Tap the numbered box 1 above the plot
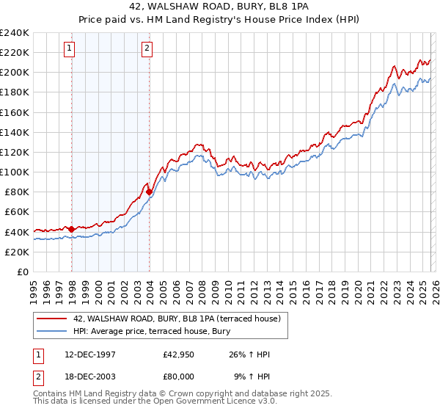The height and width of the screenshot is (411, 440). tap(69, 49)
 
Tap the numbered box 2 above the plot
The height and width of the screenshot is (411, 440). tap(147, 49)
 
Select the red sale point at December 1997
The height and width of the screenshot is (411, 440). tap(72, 229)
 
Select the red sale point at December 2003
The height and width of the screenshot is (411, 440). tap(150, 192)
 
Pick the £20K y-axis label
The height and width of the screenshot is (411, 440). tap(16, 252)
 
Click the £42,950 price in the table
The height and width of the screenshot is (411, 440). tap(179, 354)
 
